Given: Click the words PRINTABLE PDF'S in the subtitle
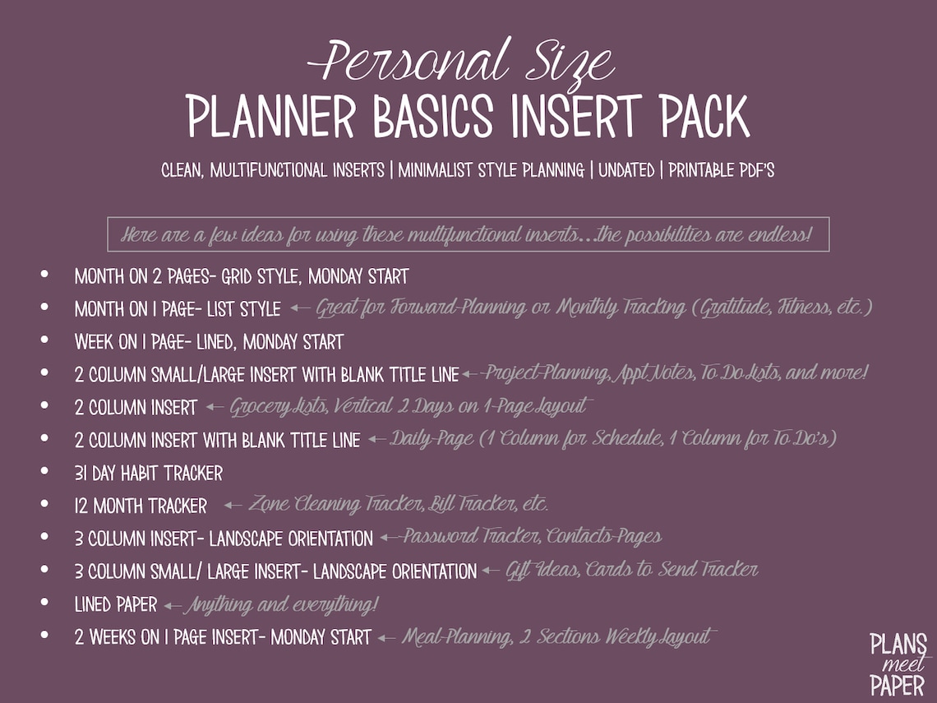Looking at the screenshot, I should [x=721, y=171].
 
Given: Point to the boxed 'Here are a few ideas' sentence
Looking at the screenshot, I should [x=468, y=234].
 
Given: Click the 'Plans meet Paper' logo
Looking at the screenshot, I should [x=898, y=664].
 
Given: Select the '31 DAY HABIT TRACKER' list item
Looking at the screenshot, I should [x=148, y=473].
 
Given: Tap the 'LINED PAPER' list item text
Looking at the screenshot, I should [x=115, y=604].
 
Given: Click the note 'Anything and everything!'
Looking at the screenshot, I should [x=281, y=605].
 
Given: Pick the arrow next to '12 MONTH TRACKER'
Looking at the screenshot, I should [x=233, y=505].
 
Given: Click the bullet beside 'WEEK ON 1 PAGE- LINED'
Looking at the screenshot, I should [x=44, y=340].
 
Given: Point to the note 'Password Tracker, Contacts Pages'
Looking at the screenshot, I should [x=531, y=537].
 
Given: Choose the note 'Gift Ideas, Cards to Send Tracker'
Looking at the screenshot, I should [x=631, y=570].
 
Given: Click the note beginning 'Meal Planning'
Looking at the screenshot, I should [x=559, y=636].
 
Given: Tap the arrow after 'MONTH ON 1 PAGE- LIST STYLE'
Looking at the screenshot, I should [x=300, y=308].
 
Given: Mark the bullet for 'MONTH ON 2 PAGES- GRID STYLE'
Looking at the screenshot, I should [x=44, y=274].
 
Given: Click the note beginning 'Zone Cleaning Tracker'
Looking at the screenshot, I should [x=398, y=504].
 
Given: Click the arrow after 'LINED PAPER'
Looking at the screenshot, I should [x=172, y=605].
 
